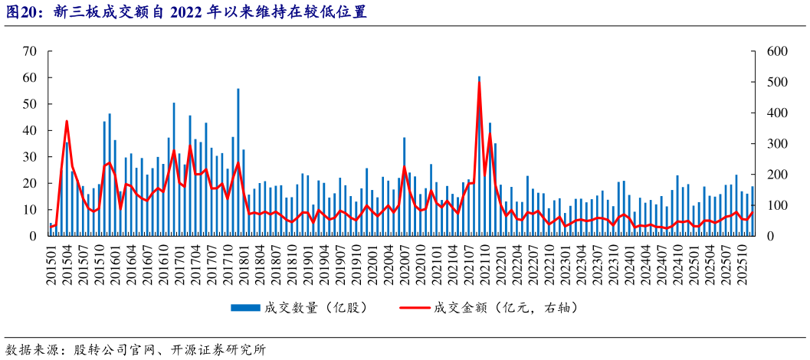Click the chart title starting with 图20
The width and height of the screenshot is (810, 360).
[185, 12]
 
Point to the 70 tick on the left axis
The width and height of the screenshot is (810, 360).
[31, 51]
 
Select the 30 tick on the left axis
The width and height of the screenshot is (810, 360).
[31, 157]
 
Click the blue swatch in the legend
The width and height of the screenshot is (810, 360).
[244, 308]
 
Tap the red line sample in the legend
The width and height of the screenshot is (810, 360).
[414, 308]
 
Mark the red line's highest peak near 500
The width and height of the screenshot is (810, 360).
[479, 83]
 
